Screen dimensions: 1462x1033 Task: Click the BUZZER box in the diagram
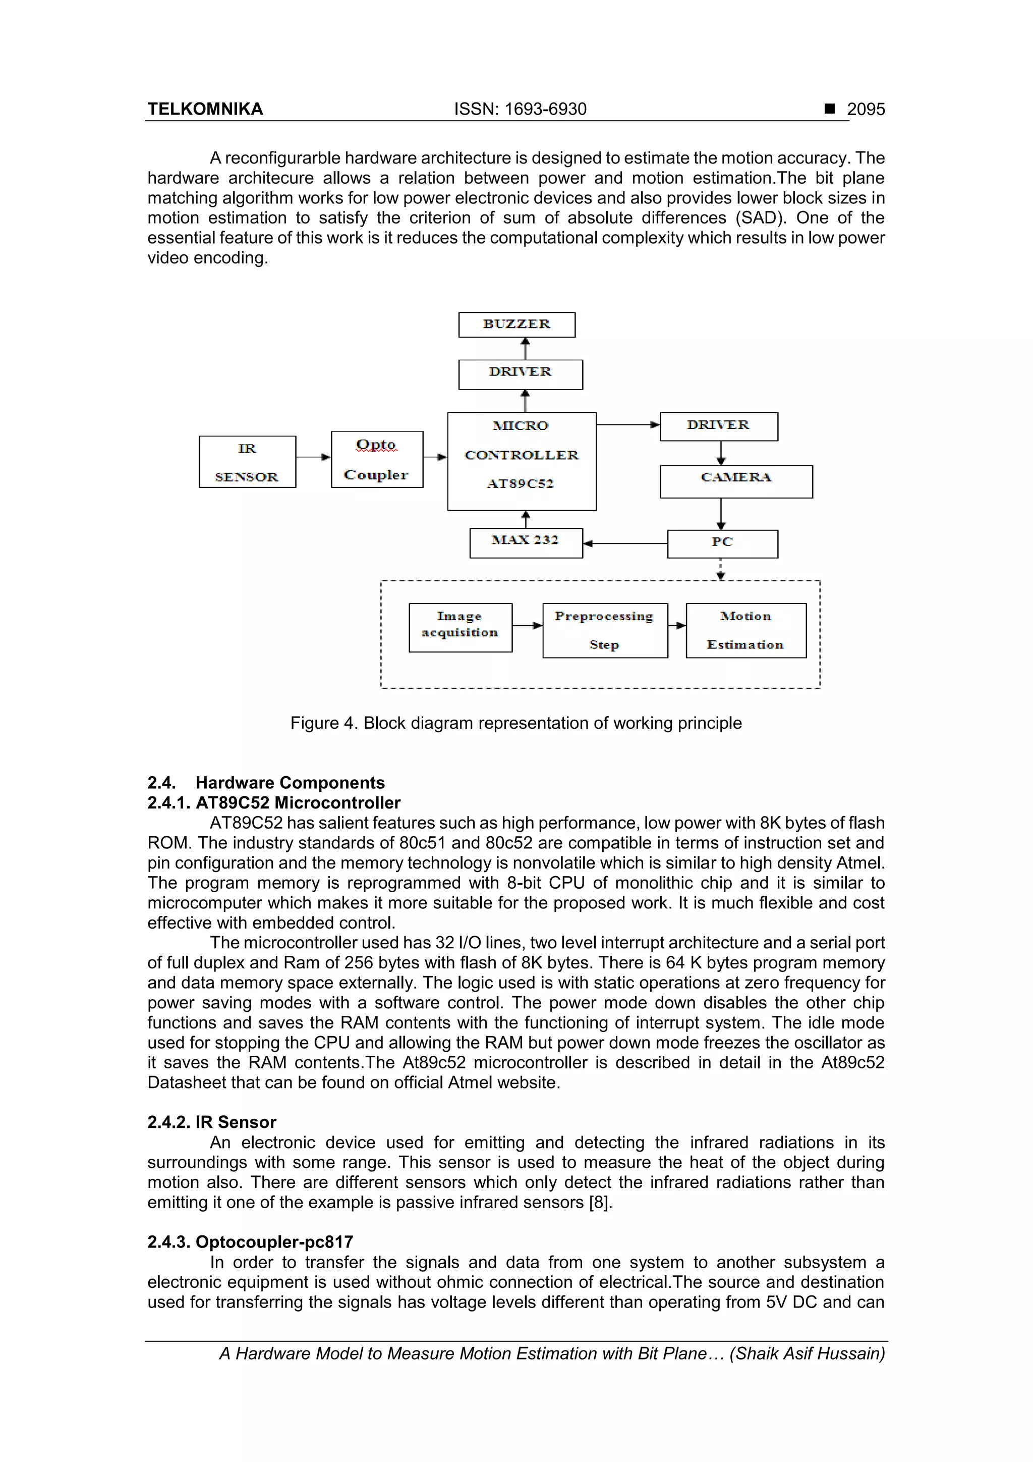pyautogui.click(x=517, y=324)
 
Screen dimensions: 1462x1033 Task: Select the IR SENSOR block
pyautogui.click(x=247, y=462)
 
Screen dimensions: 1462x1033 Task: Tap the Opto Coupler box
pyautogui.click(x=377, y=459)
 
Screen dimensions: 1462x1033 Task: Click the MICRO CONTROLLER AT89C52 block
pyautogui.click(x=521, y=461)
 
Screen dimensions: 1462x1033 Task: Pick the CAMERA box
pyautogui.click(x=736, y=481)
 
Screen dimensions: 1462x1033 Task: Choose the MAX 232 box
pyautogui.click(x=526, y=543)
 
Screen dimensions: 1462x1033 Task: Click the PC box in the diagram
pyautogui.click(x=722, y=544)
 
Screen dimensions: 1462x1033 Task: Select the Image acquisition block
pyautogui.click(x=460, y=627)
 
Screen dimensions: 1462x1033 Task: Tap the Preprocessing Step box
pyautogui.click(x=605, y=630)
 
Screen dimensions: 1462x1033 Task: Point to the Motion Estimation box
pyautogui.click(x=745, y=630)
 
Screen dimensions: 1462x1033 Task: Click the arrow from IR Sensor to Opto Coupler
pyautogui.click(x=313, y=457)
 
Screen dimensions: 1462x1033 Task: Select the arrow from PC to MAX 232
pyautogui.click(x=625, y=543)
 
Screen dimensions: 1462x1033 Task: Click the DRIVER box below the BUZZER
pyautogui.click(x=520, y=374)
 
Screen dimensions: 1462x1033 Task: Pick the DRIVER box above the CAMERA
pyautogui.click(x=719, y=426)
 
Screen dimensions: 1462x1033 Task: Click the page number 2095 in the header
pyautogui.click(x=866, y=110)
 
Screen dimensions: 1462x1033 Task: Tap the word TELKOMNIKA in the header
pyautogui.click(x=205, y=110)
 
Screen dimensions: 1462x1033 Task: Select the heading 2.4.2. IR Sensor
pyautogui.click(x=212, y=1122)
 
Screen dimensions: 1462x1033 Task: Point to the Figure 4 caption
pyautogui.click(x=515, y=723)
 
